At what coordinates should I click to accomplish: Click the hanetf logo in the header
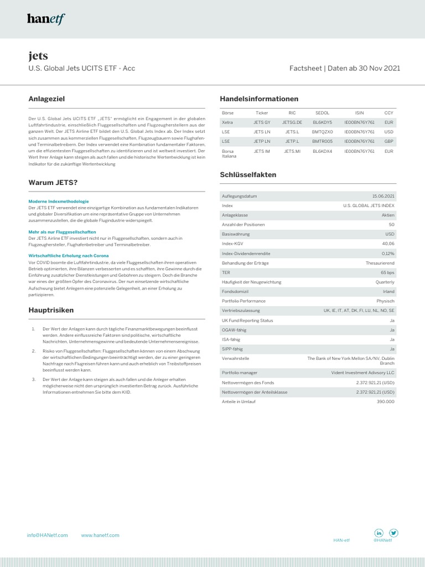pos(46,19)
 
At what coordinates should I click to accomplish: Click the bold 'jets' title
pos(38,55)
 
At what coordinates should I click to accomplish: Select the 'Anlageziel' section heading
pos(47,99)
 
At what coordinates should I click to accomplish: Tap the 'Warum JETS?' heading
pos(53,182)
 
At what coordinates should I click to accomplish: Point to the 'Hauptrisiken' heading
pos(51,310)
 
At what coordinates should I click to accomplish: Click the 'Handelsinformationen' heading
pos(259,99)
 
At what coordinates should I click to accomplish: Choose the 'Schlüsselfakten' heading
pos(248,174)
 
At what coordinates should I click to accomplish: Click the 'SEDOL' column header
pos(322,112)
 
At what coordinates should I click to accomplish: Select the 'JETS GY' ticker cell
pos(262,122)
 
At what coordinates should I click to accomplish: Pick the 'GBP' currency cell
pos(388,141)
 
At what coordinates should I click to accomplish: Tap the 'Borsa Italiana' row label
pos(229,153)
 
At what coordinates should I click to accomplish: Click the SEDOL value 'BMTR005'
pos(322,141)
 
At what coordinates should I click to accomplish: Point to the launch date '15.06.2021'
pos(383,196)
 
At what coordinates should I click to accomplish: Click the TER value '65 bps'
pos(387,273)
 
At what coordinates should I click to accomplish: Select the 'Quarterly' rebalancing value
pos(384,282)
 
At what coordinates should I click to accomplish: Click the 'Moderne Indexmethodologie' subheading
pos(59,201)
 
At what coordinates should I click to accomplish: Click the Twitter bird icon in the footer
pos(393,533)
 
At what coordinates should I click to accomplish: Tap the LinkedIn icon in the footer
pos(380,533)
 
